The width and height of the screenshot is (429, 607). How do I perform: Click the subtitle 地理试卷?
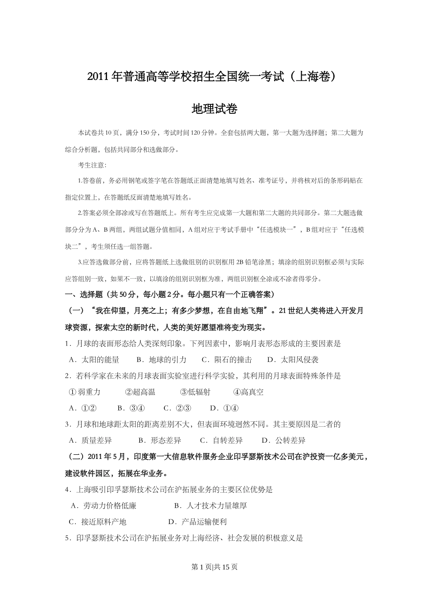coord(214,109)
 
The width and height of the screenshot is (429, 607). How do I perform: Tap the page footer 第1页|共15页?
coord(214,567)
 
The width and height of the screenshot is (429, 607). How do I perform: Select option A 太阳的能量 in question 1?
coord(94,360)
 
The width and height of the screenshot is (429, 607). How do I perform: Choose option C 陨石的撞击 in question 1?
coord(227,360)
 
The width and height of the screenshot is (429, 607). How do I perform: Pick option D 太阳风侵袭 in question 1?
coord(293,360)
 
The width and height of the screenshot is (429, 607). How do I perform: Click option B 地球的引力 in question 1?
coord(161,360)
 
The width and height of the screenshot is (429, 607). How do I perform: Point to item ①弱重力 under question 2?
coord(84,392)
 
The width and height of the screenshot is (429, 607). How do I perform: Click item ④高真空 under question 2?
coord(248,392)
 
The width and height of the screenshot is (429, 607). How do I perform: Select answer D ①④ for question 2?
coord(224,408)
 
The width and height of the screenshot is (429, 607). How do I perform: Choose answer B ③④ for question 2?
coord(131,408)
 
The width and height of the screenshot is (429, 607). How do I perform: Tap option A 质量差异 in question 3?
coord(90,440)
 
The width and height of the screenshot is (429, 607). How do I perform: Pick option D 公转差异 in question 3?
coord(284,440)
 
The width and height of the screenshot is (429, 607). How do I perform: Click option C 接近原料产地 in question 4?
coord(98,522)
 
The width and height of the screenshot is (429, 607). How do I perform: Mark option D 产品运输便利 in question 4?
coord(197,522)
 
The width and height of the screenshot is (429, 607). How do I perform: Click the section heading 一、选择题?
coord(79,294)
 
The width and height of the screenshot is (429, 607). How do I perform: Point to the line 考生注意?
coord(92,165)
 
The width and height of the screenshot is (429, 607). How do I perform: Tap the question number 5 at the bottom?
coord(67,538)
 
